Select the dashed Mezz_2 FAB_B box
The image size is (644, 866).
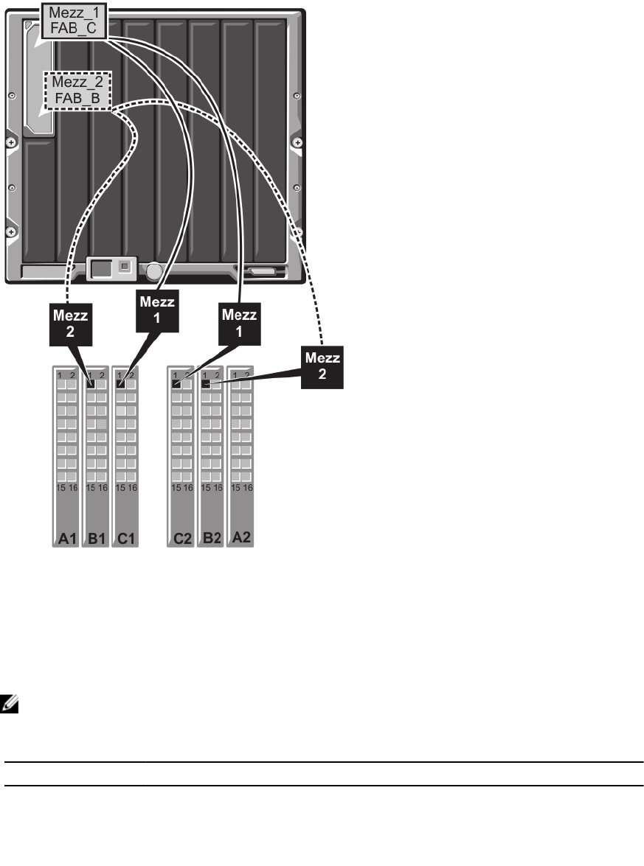(x=77, y=90)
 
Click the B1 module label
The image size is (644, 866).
(x=95, y=540)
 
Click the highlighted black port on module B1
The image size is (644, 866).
(x=91, y=384)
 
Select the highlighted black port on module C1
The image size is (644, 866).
(x=120, y=384)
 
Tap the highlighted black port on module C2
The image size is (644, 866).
(x=176, y=384)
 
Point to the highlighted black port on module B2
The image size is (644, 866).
(x=206, y=384)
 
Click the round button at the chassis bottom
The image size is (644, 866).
(x=153, y=272)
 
